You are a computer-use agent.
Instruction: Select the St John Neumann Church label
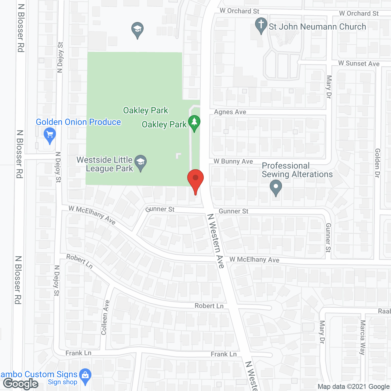[x=317, y=27]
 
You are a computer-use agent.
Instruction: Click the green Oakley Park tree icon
[x=194, y=122]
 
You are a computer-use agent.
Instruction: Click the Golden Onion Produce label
[x=79, y=122]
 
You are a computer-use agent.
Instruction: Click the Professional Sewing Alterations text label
[x=297, y=170]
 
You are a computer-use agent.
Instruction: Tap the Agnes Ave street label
[x=230, y=112]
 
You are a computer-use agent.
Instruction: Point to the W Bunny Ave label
[x=233, y=161]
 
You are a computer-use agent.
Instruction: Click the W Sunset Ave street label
[x=359, y=64]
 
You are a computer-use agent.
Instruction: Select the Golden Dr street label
[x=378, y=163]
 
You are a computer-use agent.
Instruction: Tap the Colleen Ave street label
[x=105, y=317]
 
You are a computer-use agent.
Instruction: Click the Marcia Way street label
[x=363, y=337]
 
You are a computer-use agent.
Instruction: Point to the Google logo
[x=21, y=384]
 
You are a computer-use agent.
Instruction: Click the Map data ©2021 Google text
[x=354, y=387]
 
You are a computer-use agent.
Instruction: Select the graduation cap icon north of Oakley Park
[x=137, y=29]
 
